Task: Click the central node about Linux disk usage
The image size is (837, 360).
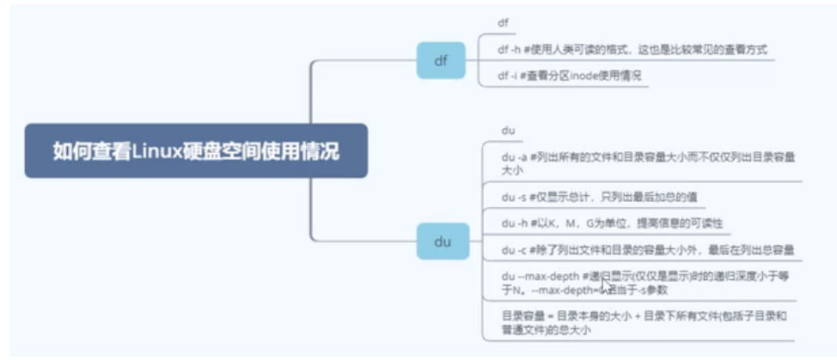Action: coord(196,151)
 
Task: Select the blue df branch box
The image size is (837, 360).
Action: coord(441,61)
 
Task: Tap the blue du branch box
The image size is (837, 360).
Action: coord(442,241)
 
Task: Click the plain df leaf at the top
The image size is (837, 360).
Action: coord(503,22)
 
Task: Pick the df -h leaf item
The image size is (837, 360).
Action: coord(632,50)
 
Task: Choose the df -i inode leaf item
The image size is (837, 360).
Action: coord(569,76)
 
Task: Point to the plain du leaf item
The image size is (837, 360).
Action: coord(508,131)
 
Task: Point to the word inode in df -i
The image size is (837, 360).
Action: coord(571,76)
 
